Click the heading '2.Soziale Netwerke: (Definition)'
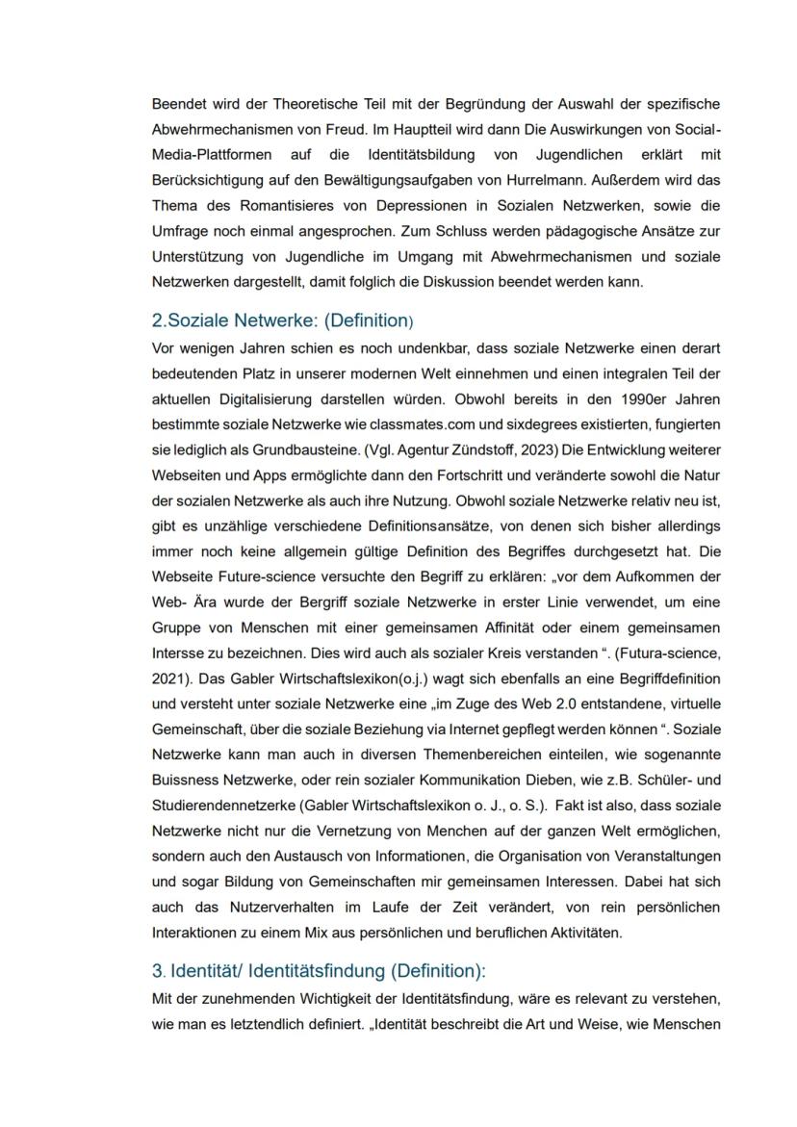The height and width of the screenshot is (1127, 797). pyautogui.click(x=283, y=321)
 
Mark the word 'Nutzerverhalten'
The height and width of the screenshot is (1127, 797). pyautogui.click(x=280, y=908)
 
